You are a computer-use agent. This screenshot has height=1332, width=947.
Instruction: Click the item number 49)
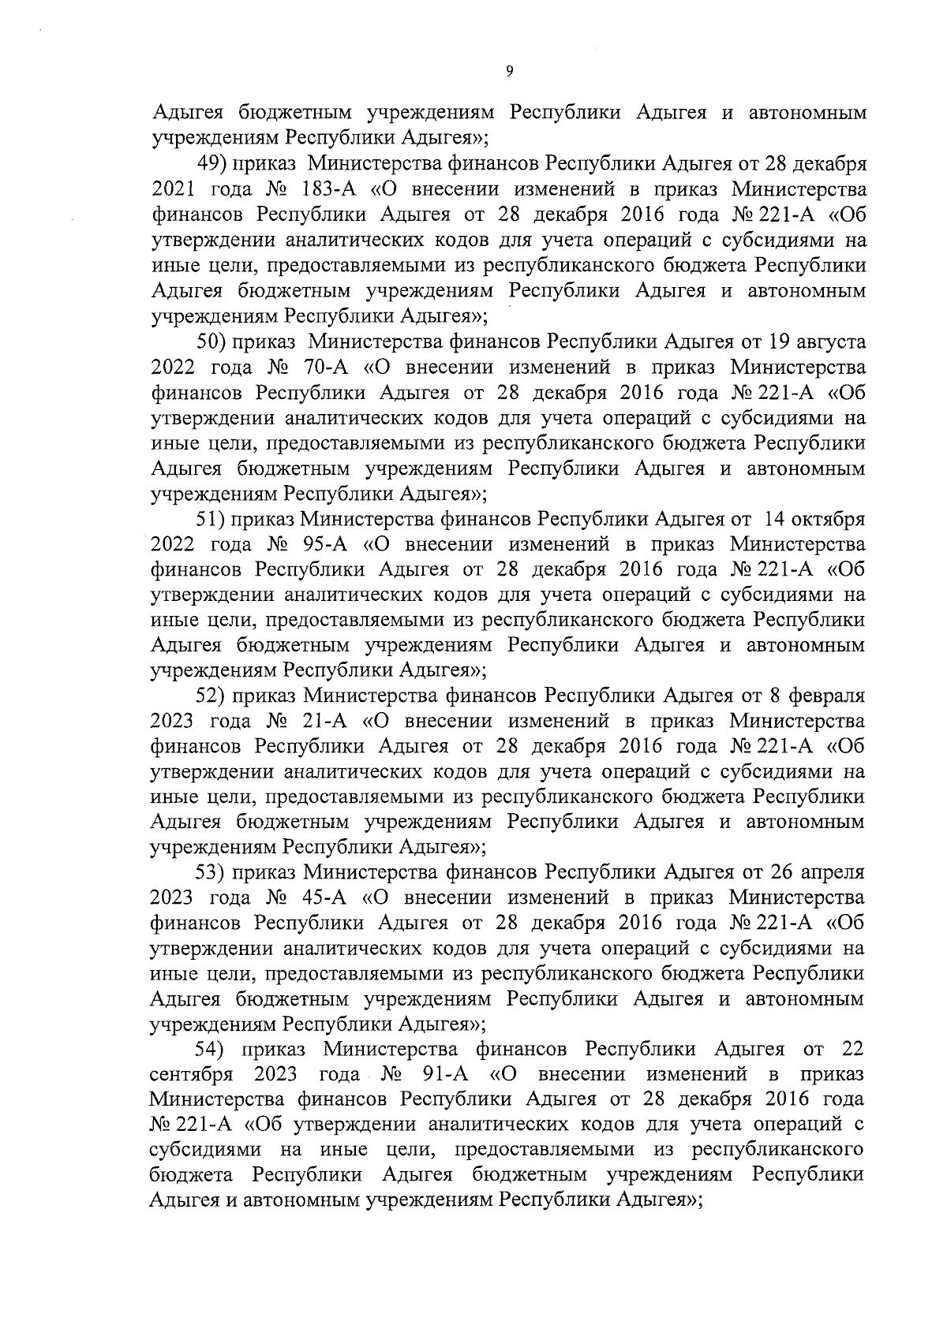click(212, 165)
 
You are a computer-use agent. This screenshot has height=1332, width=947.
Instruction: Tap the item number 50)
click(212, 342)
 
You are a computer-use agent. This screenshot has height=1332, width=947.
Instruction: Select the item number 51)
click(212, 519)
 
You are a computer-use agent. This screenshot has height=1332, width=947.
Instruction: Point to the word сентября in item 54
click(190, 1075)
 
